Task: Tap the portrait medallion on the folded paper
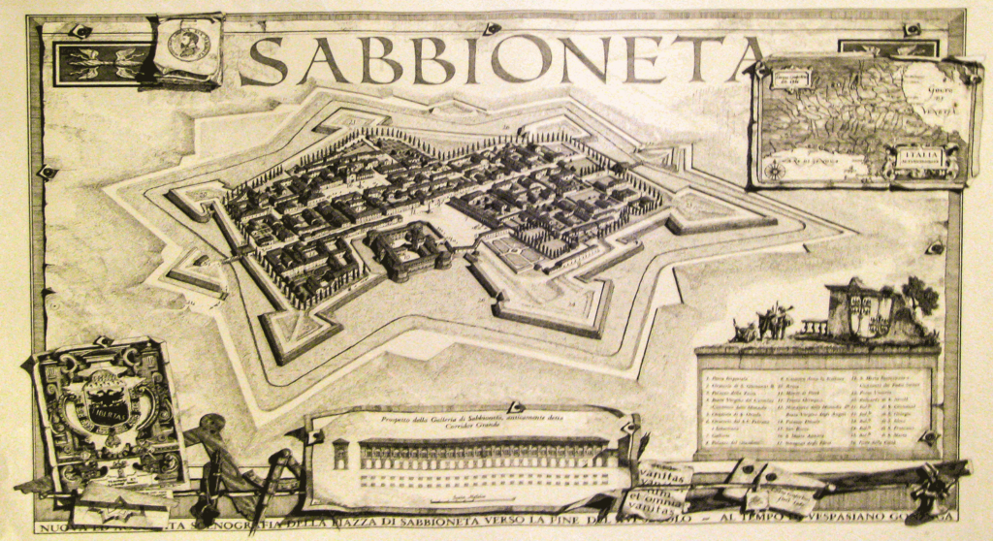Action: click(188, 45)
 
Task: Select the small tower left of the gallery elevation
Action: click(340, 454)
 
